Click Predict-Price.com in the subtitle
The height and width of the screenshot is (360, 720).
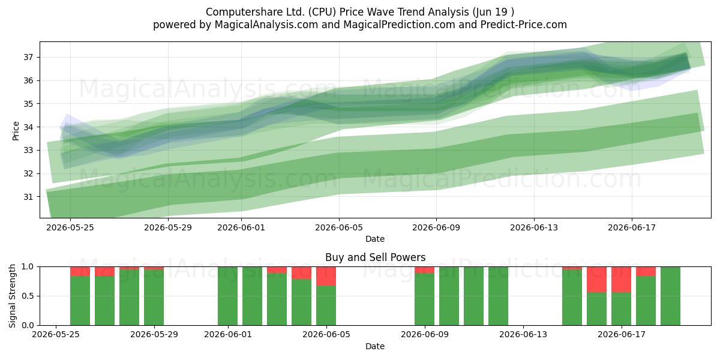tap(524, 25)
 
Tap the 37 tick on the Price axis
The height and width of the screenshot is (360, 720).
tap(28, 57)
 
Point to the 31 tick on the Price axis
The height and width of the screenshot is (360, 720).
tap(28, 197)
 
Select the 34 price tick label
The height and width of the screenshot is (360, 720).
tap(28, 127)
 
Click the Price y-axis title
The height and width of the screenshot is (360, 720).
tap(16, 131)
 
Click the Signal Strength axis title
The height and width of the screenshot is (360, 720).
tap(12, 296)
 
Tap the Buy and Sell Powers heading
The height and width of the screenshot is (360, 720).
tap(375, 257)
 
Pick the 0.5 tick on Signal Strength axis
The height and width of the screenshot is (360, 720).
tap(28, 296)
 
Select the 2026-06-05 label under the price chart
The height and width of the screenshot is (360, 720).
tap(339, 227)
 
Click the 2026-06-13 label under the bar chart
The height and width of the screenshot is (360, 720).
tap(523, 335)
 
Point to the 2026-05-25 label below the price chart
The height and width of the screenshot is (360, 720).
tap(70, 227)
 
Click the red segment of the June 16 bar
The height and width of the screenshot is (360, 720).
tap(596, 280)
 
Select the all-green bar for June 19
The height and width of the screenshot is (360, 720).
tap(670, 296)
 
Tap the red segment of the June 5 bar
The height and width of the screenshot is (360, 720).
tap(326, 276)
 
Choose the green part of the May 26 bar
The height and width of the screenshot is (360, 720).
tap(104, 301)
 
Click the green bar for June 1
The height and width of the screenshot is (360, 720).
tap(227, 296)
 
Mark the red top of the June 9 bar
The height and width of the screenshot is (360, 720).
tap(424, 270)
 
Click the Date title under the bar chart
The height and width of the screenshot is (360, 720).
tap(375, 346)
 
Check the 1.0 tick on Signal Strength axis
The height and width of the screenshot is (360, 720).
tap(28, 267)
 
